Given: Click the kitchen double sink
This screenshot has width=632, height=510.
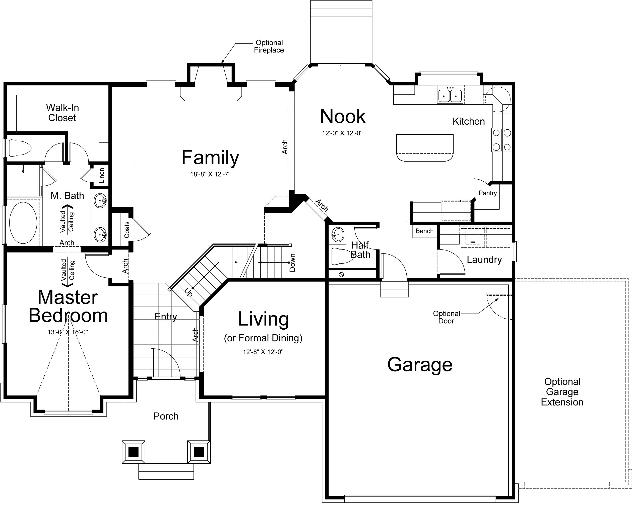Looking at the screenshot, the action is pos(450,94).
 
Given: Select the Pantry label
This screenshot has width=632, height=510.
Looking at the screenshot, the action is pos(488,193).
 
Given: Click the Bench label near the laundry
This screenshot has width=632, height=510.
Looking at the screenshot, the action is pos(424,231).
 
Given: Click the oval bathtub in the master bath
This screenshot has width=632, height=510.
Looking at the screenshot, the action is pos(23,223).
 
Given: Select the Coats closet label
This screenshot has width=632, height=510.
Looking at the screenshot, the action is pos(127,230).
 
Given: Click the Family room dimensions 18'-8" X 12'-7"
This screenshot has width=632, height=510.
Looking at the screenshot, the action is pos(210,174).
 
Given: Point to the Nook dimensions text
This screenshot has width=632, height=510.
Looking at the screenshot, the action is pos(342,133).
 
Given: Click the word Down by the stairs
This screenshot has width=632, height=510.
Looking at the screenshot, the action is pos(292,262).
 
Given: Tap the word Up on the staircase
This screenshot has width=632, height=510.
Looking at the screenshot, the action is pos(188,292).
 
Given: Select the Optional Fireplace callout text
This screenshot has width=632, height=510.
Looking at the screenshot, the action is pos(269,46).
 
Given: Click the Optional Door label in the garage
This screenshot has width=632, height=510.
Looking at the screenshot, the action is pos(447,317).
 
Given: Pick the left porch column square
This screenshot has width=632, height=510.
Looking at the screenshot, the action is pos(134,452).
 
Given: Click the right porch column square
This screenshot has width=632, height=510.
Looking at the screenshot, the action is pos(199,452).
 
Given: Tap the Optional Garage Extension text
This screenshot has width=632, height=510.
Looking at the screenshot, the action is pos(562,392).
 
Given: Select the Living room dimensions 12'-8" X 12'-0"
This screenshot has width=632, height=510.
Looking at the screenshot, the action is pos(263,352).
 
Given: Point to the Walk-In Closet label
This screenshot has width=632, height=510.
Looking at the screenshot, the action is pos(62,113).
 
